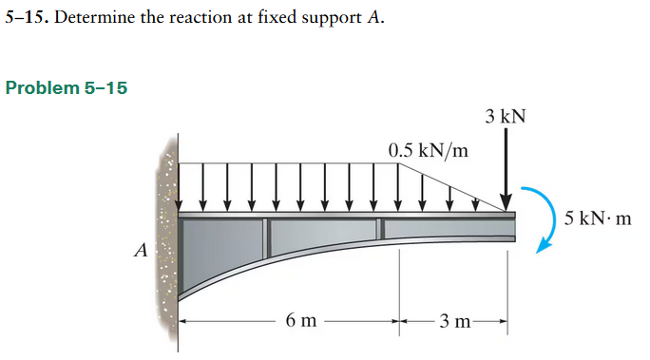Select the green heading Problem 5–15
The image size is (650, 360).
click(66, 88)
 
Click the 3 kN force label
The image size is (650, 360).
click(504, 117)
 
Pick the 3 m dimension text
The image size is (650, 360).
click(453, 321)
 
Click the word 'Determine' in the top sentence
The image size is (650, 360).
click(95, 18)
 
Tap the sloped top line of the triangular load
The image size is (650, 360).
click(451, 185)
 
